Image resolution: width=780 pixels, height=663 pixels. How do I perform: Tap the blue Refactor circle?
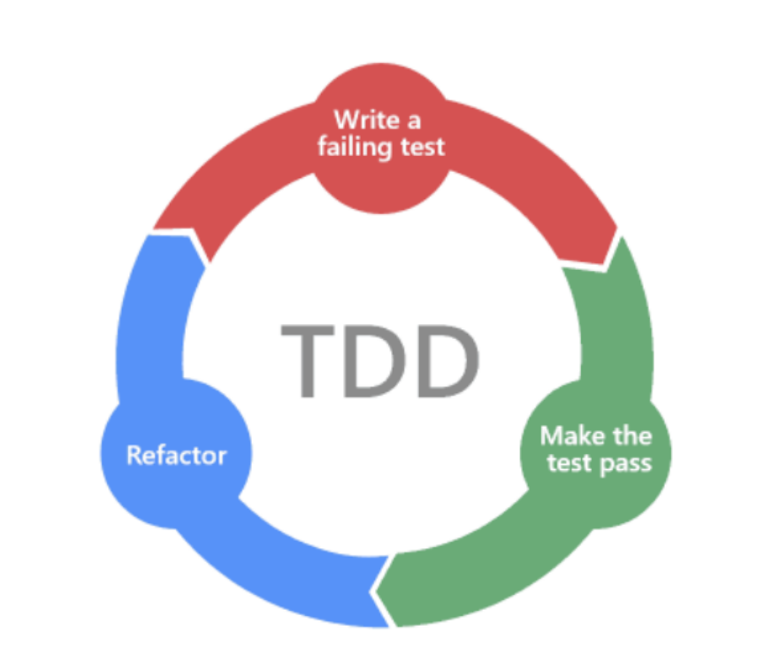pyautogui.click(x=177, y=455)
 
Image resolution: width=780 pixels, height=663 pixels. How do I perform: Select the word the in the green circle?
pyautogui.click(x=632, y=436)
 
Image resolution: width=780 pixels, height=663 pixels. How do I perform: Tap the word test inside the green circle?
pyautogui.click(x=568, y=463)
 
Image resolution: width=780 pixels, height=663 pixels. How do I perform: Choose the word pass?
pyautogui.click(x=623, y=464)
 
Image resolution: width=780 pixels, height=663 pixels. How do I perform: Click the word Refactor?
pyautogui.click(x=177, y=456)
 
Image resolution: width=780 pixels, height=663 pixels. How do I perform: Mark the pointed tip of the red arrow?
pyautogui.click(x=603, y=263)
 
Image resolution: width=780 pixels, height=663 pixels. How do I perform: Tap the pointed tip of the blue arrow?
pyautogui.click(x=210, y=262)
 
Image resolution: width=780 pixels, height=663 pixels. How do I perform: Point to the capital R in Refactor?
pyautogui.click(x=134, y=455)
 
